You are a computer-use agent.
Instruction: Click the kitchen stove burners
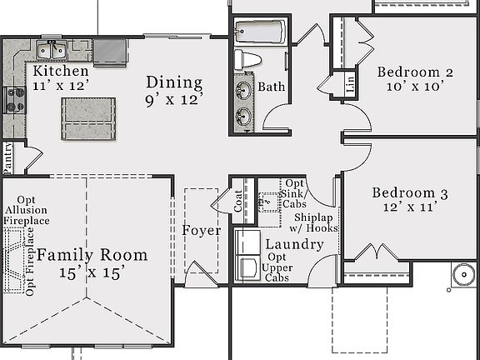click(x=14, y=101)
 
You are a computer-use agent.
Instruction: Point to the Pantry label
click(x=8, y=157)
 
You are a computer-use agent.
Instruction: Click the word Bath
click(x=271, y=87)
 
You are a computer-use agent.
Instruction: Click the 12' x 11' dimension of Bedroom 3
click(x=409, y=208)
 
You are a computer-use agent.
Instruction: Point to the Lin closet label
click(x=350, y=84)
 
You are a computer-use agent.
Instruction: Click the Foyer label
click(x=201, y=230)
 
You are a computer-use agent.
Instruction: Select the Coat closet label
click(x=238, y=202)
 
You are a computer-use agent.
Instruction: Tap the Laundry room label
click(x=293, y=244)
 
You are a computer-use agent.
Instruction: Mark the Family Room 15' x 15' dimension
click(x=92, y=272)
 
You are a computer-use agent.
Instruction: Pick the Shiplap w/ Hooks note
click(x=314, y=222)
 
